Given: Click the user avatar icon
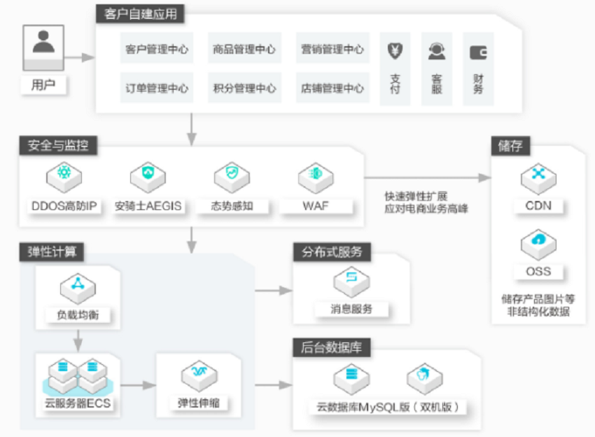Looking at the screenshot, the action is tap(43, 48).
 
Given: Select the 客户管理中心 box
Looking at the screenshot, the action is tap(157, 48).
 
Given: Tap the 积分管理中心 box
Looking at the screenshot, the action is tap(244, 88).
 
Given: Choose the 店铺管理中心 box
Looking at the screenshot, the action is tap(332, 88).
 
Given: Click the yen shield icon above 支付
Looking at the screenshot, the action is tap(395, 51).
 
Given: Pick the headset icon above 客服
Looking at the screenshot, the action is tap(436, 51).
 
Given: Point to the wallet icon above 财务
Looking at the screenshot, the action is tap(478, 53).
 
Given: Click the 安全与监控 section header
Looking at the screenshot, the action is tap(58, 145).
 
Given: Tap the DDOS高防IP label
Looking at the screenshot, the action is tap(64, 206).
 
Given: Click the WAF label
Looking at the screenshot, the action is tap(316, 206).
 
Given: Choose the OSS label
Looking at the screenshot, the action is tap(538, 272).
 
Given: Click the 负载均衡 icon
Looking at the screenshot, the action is tap(78, 288).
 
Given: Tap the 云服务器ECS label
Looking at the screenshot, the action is tap(78, 403).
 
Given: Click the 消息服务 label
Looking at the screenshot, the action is tap(351, 309).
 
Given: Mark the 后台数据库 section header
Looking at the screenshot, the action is tap(332, 347).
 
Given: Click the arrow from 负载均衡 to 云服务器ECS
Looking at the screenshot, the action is tap(78, 340).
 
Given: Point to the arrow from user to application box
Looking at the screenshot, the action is tap(79, 57).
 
